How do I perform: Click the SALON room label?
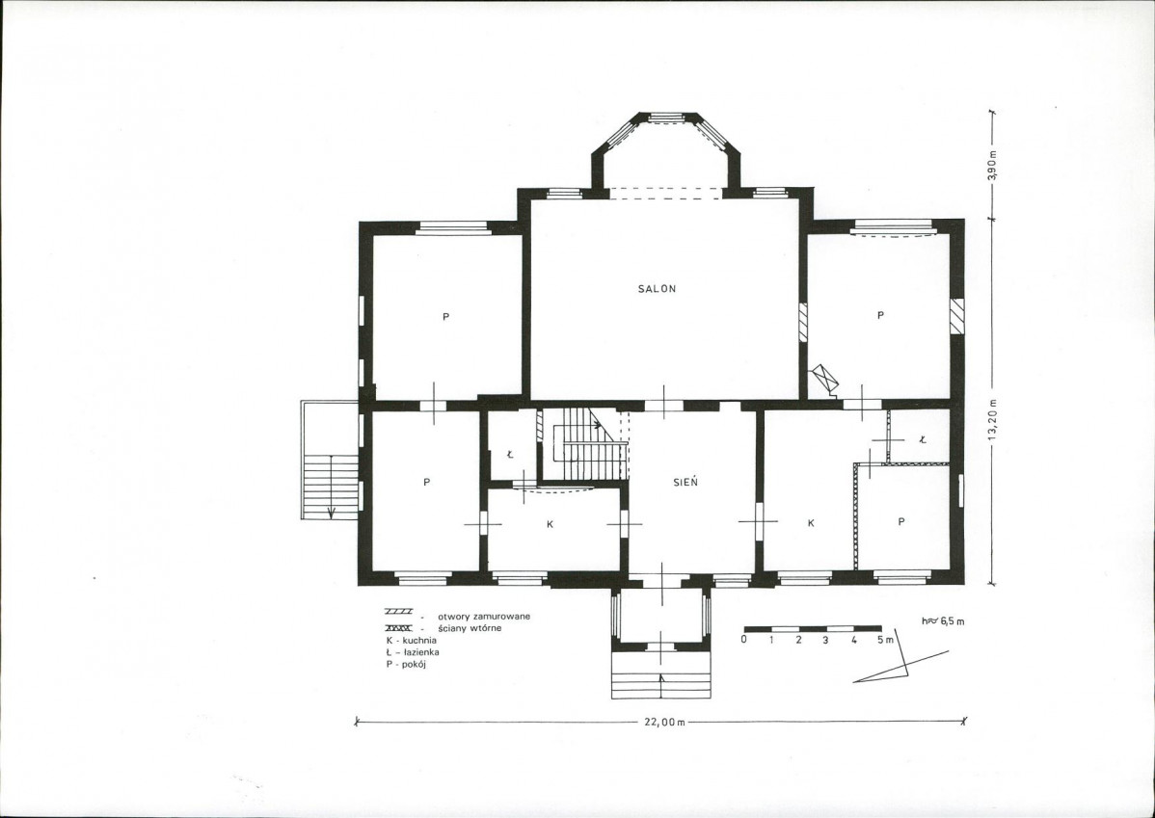(x=657, y=289)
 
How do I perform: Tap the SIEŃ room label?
(x=685, y=483)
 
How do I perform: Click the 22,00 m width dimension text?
(x=664, y=723)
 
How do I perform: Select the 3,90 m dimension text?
(x=992, y=165)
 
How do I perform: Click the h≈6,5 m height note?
(x=942, y=620)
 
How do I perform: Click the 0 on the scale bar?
(x=744, y=639)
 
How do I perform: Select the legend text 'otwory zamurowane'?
(x=484, y=617)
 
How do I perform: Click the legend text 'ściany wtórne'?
(x=470, y=628)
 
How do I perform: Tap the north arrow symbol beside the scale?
(x=901, y=657)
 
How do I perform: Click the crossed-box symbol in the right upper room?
(x=823, y=380)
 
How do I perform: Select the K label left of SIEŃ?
(x=550, y=524)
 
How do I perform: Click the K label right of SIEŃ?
(x=810, y=523)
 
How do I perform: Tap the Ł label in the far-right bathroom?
(x=923, y=439)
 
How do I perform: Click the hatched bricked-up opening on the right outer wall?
(x=956, y=316)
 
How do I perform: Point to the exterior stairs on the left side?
(x=330, y=461)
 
